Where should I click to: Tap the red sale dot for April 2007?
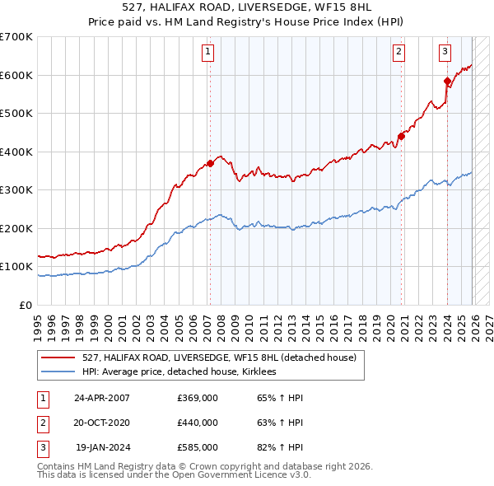(210, 163)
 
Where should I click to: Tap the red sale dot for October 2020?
(401, 136)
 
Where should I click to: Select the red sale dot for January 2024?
(447, 81)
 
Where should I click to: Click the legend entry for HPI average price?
(183, 372)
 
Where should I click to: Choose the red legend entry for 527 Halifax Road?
(218, 357)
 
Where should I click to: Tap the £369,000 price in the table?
(198, 398)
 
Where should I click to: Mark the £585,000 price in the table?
(198, 447)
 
